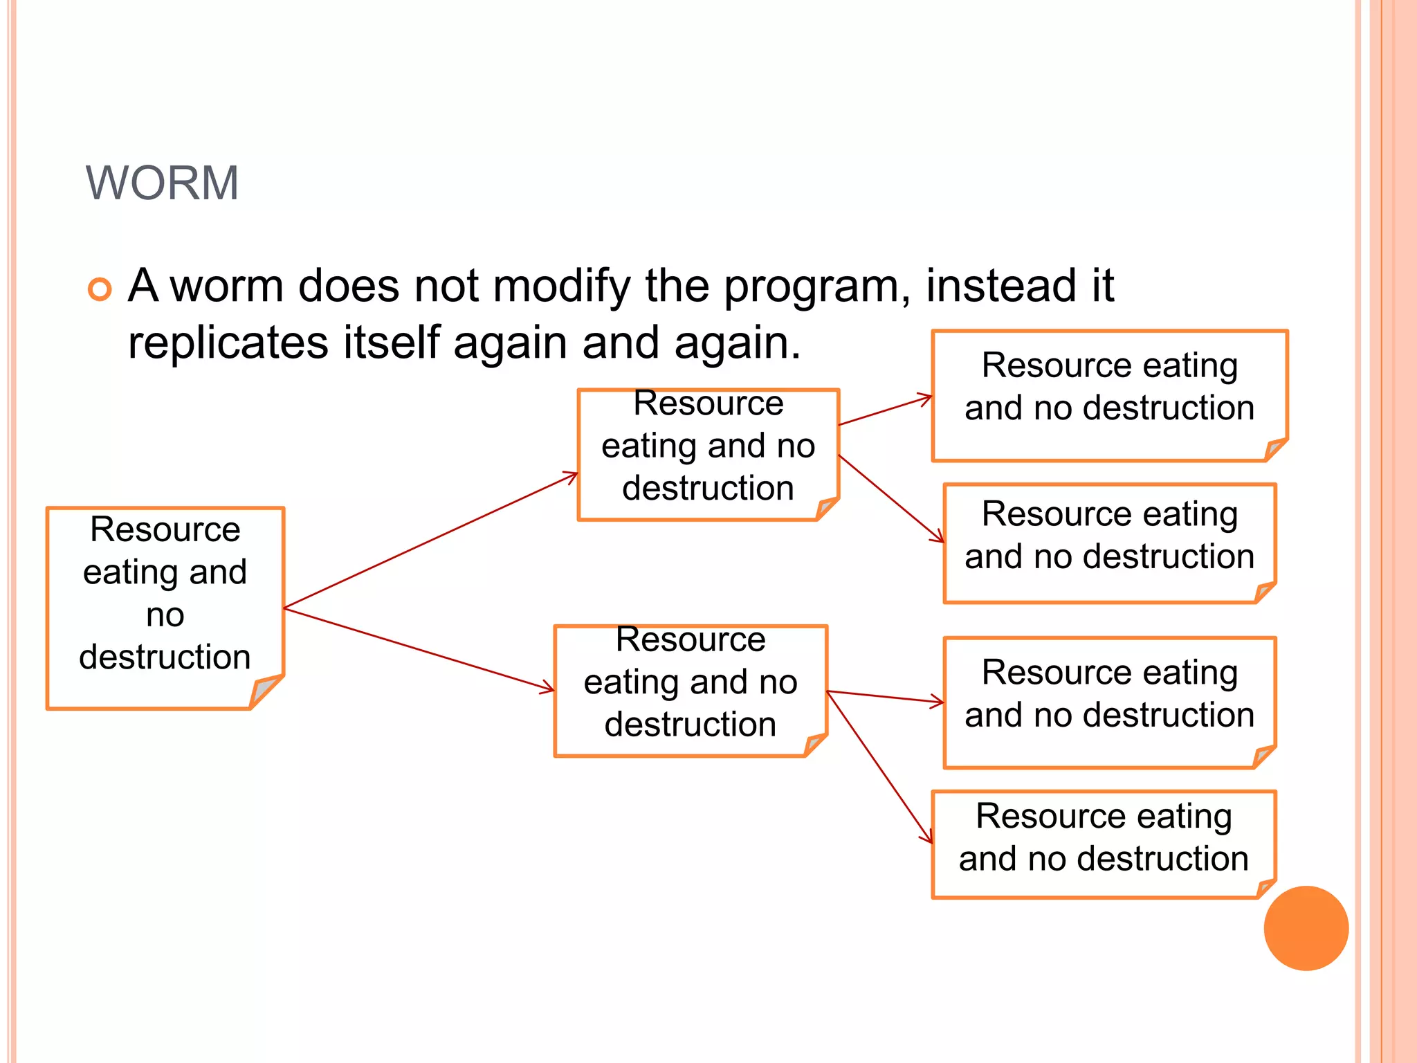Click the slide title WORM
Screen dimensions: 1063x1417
(x=162, y=183)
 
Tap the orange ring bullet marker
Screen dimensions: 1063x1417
(x=100, y=289)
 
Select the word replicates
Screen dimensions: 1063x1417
(x=228, y=343)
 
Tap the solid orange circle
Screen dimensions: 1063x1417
(x=1306, y=928)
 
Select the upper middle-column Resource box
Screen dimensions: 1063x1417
(x=708, y=454)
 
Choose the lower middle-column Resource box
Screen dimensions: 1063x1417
(x=690, y=690)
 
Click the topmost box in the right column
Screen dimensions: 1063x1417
(x=1109, y=395)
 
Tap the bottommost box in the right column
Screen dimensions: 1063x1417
(x=1104, y=844)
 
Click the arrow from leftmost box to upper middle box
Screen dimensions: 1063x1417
(x=430, y=540)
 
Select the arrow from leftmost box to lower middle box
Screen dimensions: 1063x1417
(x=419, y=650)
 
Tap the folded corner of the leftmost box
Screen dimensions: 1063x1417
(x=264, y=691)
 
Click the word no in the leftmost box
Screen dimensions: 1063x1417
(x=165, y=615)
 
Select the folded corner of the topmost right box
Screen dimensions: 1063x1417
(x=1275, y=449)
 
